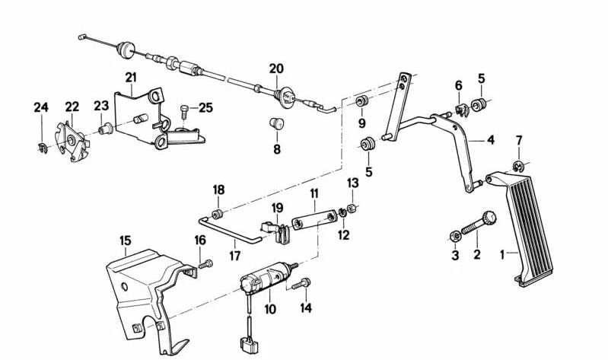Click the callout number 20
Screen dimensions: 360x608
click(275, 68)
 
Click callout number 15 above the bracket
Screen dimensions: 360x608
click(125, 241)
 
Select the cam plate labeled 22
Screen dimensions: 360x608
click(75, 141)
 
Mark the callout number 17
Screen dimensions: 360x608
click(234, 256)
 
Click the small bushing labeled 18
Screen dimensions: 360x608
click(218, 211)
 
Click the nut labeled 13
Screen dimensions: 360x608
click(353, 208)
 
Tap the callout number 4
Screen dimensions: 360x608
click(491, 140)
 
